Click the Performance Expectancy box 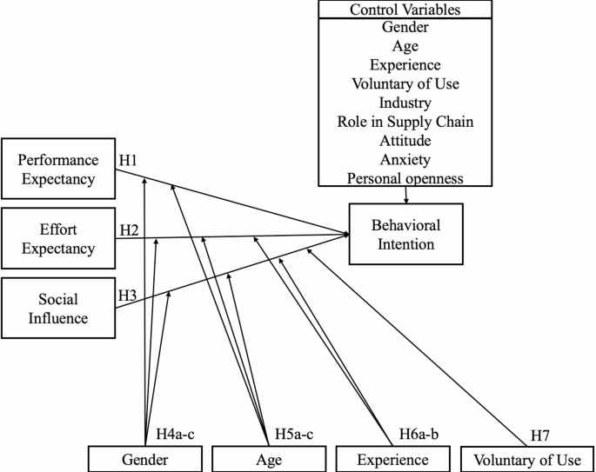[x=58, y=169]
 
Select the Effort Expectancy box [x=58, y=237]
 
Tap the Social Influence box [x=58, y=308]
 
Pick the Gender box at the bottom [x=145, y=459]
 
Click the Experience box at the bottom [x=393, y=459]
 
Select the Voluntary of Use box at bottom [x=528, y=459]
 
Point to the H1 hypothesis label [x=130, y=160]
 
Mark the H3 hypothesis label [x=128, y=295]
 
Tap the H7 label [x=541, y=435]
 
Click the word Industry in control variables [x=405, y=103]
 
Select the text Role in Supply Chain [x=405, y=122]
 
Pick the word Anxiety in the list [x=405, y=159]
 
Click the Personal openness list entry [x=405, y=178]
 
